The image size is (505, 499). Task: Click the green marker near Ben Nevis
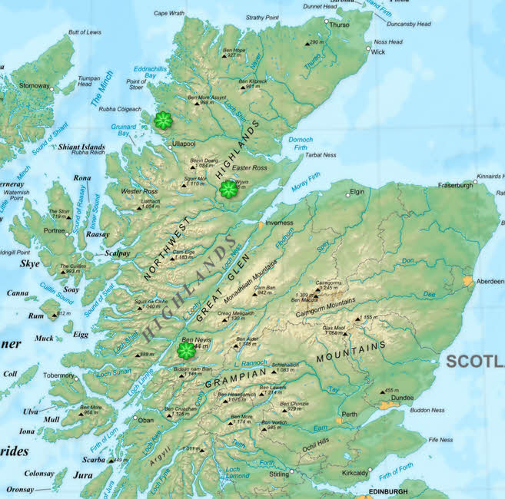click(186, 350)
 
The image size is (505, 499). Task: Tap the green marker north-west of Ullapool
click(162, 120)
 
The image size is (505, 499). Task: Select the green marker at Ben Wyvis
click(228, 189)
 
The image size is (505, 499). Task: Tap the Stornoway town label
click(34, 85)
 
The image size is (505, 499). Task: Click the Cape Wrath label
click(169, 13)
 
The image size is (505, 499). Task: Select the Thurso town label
click(339, 25)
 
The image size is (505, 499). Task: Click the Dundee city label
click(402, 398)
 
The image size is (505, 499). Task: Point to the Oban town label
click(145, 420)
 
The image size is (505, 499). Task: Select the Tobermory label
click(58, 375)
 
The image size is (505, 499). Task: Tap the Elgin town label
click(357, 191)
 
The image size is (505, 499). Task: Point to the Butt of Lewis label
click(85, 32)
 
